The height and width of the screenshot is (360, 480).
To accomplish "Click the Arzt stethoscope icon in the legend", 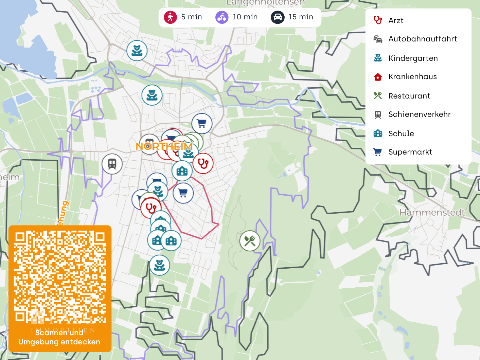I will pos(378,20).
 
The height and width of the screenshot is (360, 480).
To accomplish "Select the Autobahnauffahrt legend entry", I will pos(422,39).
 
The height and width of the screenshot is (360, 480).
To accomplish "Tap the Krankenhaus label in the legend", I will pos(412,77).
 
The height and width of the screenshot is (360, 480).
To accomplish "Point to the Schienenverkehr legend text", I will pos(419,114).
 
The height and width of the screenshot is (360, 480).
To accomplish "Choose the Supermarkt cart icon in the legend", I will pos(377,152).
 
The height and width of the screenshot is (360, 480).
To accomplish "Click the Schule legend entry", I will pos(401,133).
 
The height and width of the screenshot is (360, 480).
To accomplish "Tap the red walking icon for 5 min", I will pos(170,17).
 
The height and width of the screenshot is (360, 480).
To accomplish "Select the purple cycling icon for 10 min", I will pos(222,17).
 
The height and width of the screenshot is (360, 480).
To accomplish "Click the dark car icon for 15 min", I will pos(277,17).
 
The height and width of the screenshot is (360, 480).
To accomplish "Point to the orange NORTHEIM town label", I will pos(164,146).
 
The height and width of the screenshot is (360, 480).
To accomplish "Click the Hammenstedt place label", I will pos(432,213).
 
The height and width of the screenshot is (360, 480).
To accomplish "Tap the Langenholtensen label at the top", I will pos(265,3).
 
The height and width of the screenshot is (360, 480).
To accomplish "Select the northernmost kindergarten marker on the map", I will pos(137,51).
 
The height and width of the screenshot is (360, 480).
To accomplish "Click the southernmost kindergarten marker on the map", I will pos(159,265).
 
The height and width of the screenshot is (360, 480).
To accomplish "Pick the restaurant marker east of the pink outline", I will pos(250,241).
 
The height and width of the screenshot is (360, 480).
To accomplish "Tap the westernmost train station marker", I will pos(112,164).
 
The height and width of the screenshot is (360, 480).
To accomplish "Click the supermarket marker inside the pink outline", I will pos(183,193).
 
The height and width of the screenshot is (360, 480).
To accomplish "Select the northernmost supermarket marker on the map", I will pos(202,123).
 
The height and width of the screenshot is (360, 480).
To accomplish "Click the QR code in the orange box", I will pos(60,277).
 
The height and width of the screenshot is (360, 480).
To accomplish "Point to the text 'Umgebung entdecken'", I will pos(59,342).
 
